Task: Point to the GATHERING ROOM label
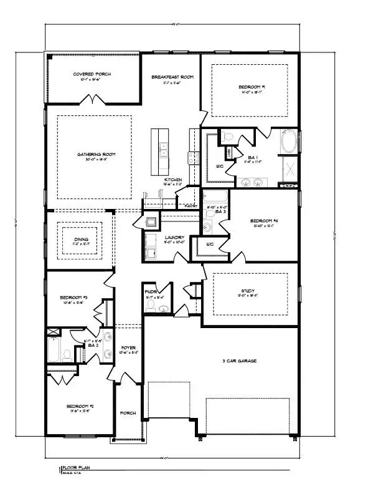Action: [96, 155]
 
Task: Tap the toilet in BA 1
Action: [228, 136]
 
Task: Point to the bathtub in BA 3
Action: [215, 196]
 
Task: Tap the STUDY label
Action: [249, 290]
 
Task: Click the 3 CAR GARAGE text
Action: [239, 361]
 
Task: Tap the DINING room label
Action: [79, 238]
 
